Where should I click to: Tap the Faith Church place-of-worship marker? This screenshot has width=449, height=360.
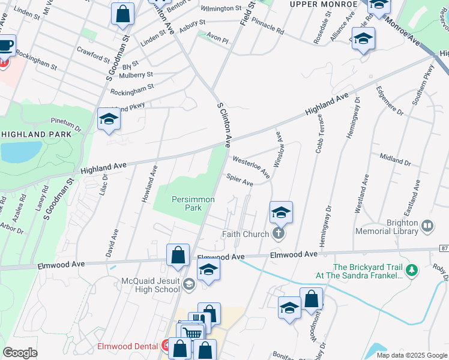tap(277, 233)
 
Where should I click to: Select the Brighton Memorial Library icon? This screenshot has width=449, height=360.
tap(427, 226)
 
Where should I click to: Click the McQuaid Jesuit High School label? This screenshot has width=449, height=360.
tap(151, 284)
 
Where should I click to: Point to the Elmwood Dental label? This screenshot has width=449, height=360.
tap(128, 347)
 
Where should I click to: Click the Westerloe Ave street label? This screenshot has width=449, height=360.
tap(251, 167)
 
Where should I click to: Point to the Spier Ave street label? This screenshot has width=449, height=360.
tap(239, 180)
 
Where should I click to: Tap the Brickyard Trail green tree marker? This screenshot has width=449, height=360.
tap(411, 271)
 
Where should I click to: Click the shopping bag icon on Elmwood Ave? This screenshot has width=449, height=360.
tap(178, 255)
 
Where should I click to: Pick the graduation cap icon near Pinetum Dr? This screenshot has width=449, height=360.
tap(109, 119)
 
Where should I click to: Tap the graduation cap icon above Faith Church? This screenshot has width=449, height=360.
tap(280, 212)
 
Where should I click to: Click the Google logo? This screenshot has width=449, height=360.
tap(20, 353)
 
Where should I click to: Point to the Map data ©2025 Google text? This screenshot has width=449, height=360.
tap(411, 355)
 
